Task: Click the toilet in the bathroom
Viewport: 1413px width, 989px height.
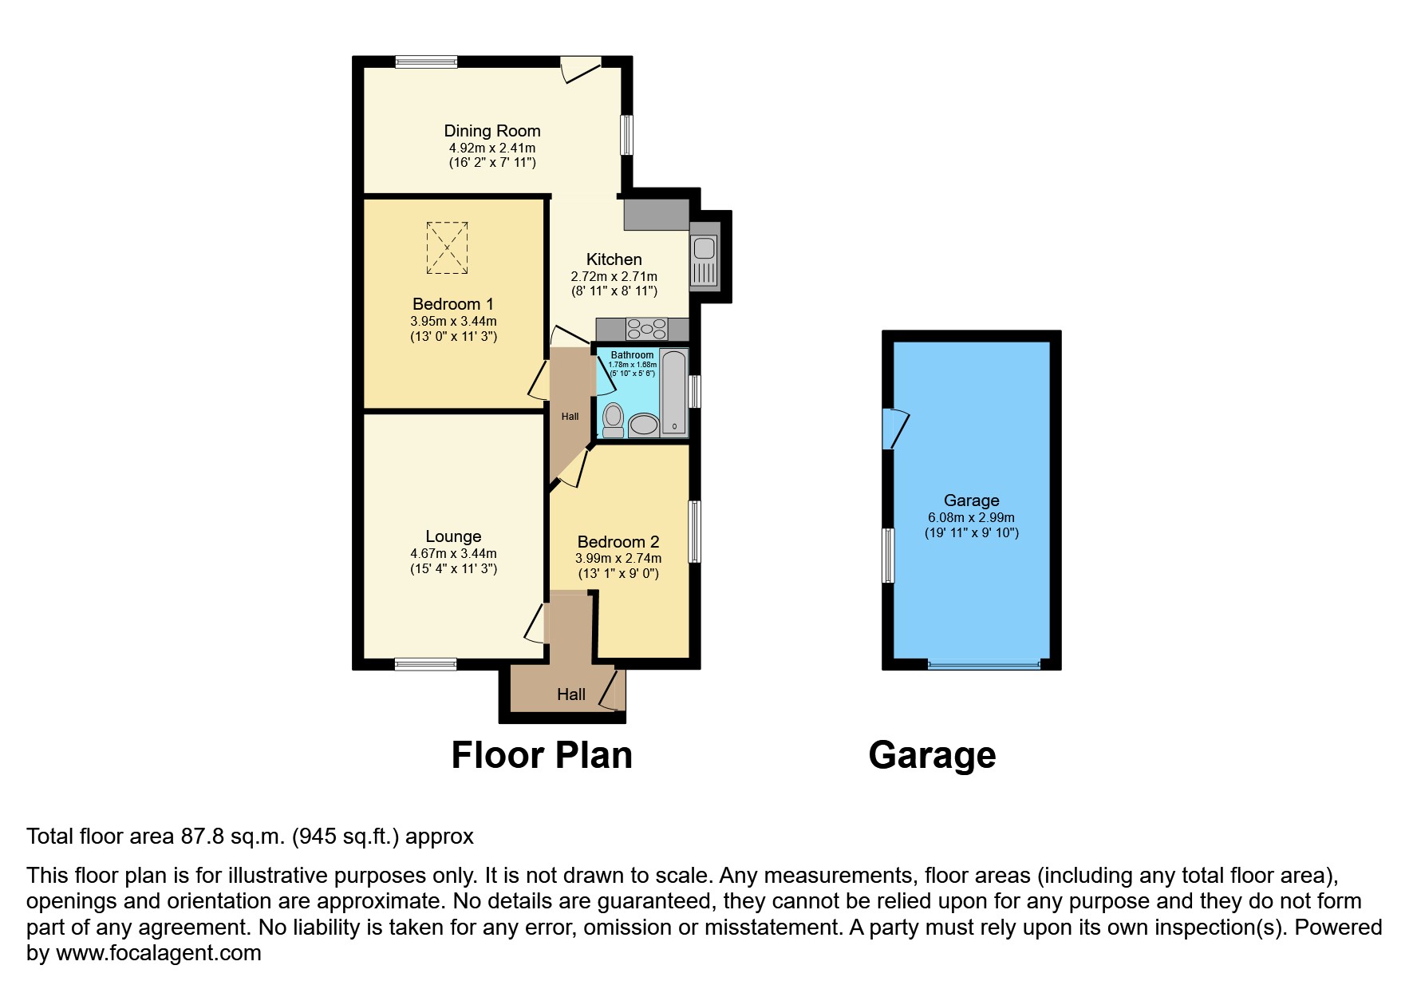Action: pyautogui.click(x=613, y=420)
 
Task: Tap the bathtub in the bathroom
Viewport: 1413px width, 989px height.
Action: pyautogui.click(x=673, y=392)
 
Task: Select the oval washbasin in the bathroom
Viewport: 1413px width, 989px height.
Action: pyautogui.click(x=643, y=424)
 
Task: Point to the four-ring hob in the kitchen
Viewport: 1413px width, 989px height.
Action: pyautogui.click(x=646, y=329)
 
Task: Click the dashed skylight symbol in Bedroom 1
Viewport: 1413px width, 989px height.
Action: pyautogui.click(x=447, y=248)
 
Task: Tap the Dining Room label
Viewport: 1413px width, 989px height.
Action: pyautogui.click(x=492, y=131)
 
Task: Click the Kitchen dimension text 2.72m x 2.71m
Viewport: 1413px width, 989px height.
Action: pyautogui.click(x=614, y=276)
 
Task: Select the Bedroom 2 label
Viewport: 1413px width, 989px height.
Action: pyautogui.click(x=618, y=542)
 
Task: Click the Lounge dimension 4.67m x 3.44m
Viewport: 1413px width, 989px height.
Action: pyautogui.click(x=453, y=553)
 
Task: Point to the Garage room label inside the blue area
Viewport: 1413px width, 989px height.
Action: pyautogui.click(x=971, y=500)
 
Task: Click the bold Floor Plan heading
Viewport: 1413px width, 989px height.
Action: pyautogui.click(x=542, y=755)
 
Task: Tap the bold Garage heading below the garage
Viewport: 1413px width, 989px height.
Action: pyautogui.click(x=932, y=755)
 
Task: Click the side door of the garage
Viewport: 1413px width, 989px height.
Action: pyautogui.click(x=894, y=429)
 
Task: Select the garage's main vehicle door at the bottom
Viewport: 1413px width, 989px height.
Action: pyautogui.click(x=985, y=663)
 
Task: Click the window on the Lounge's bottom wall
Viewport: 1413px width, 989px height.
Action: pyautogui.click(x=426, y=664)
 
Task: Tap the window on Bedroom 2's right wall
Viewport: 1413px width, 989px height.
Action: pyautogui.click(x=694, y=532)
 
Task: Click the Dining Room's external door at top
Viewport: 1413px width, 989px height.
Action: pyautogui.click(x=580, y=68)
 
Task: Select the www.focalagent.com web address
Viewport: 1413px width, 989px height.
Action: pyautogui.click(x=158, y=953)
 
